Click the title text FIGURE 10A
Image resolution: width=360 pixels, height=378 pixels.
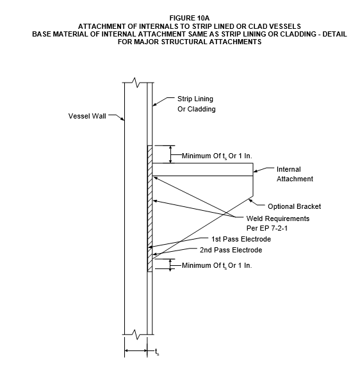[x=190, y=18]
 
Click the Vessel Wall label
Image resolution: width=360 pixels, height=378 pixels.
[x=87, y=116]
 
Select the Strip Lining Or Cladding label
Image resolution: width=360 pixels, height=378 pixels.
[x=197, y=104]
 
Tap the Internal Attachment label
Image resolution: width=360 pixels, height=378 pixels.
[x=295, y=174]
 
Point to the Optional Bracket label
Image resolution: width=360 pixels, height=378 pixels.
[x=294, y=206]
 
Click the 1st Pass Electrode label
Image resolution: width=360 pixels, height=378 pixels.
[x=241, y=239]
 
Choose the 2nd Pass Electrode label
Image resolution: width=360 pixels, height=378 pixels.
[x=231, y=250]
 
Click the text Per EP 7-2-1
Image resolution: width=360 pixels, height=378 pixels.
[x=267, y=228]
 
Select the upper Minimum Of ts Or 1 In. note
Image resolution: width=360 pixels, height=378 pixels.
[x=217, y=156]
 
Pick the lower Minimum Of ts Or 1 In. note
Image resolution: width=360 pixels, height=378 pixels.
[x=217, y=266]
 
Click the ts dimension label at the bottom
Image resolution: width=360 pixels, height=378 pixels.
[x=157, y=352]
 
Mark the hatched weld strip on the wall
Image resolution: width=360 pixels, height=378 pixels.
[x=150, y=208]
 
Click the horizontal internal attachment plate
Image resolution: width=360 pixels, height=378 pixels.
[x=202, y=170]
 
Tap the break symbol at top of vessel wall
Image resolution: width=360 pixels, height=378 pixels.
[x=136, y=83]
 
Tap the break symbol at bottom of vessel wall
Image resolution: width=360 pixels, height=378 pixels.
[x=136, y=334]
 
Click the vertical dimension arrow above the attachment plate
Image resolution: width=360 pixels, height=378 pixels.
[x=170, y=154]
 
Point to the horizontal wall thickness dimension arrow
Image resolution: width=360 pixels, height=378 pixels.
[x=136, y=350]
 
